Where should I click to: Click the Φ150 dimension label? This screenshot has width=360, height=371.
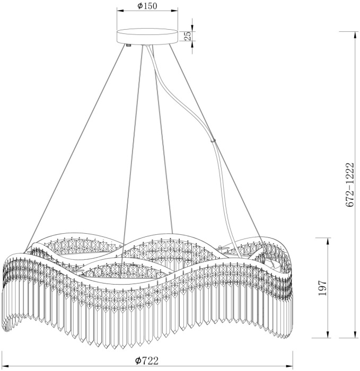pyautogui.click(x=147, y=6)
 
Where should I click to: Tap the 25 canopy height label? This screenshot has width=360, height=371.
pyautogui.click(x=187, y=36)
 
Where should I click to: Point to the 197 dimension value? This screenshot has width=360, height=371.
pyautogui.click(x=322, y=288)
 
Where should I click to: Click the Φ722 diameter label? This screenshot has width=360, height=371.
pyautogui.click(x=147, y=360)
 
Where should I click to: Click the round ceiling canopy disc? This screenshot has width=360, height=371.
pyautogui.click(x=147, y=36)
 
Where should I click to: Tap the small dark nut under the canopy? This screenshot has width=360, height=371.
pyautogui.click(x=129, y=46)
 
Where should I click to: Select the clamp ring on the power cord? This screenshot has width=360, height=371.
pyautogui.click(x=214, y=141)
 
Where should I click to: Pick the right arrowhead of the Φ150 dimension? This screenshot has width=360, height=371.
pyautogui.click(x=174, y=11)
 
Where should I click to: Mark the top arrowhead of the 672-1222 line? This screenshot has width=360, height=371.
pyautogui.click(x=355, y=35)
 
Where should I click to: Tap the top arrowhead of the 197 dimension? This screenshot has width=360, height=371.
pyautogui.click(x=328, y=241)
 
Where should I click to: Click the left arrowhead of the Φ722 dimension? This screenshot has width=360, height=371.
pyautogui.click(x=5, y=367)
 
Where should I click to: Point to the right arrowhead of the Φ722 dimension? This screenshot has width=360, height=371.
pyautogui.click(x=289, y=367)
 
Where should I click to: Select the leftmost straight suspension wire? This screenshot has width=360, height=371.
pyautogui.click(x=75, y=148)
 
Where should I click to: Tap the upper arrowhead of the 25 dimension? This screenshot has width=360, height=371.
pyautogui.click(x=192, y=28)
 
